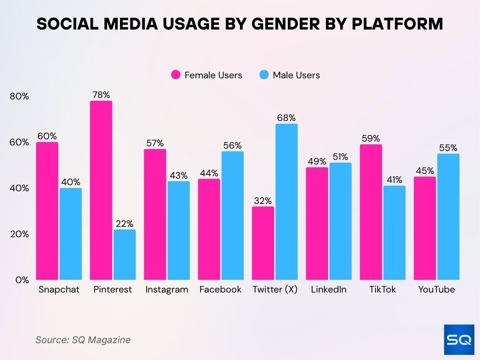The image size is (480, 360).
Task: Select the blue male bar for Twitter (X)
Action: pos(286,202)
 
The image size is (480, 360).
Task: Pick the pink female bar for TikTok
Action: pos(371,212)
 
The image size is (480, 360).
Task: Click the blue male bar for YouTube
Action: pos(448,217)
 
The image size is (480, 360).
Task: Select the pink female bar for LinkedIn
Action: pos(317,224)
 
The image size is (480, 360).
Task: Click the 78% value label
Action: pos(101,95)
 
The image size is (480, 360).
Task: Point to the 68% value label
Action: pos(286,118)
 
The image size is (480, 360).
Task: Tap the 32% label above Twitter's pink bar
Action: pos(262,201)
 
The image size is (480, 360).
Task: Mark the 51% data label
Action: pos(340,157)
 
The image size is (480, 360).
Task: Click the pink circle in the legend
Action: pos(176,75)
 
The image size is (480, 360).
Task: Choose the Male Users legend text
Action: pos(296,75)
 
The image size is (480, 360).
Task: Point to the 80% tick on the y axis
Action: pos(19,97)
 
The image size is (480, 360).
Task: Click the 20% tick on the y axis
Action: pos(19,234)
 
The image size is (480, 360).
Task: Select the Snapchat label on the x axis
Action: pos(59,289)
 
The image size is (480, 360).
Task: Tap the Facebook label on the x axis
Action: pos(220,289)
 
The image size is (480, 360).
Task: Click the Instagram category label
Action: pos(166,289)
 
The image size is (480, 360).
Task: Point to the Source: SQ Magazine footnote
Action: pos(83,340)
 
